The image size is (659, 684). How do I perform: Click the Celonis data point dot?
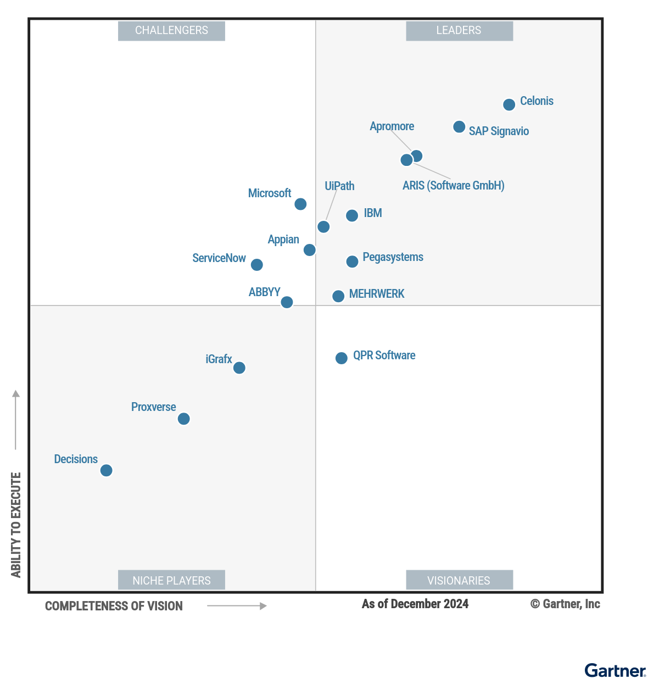click(509, 104)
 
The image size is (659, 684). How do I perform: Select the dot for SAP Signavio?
click(459, 127)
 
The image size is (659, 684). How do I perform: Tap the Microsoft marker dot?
click(300, 204)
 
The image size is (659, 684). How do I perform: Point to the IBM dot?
click(352, 215)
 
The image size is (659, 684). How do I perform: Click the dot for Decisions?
click(107, 470)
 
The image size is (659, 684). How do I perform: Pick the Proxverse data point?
click(184, 419)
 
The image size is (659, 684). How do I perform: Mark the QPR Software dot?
click(342, 358)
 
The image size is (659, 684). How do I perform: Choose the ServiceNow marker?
click(256, 265)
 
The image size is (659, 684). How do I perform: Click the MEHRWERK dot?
click(338, 296)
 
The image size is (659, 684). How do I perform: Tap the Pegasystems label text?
click(393, 257)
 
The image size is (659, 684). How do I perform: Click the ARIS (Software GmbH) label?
click(453, 186)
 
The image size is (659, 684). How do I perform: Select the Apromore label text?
click(392, 126)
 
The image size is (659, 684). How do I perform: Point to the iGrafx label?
click(219, 359)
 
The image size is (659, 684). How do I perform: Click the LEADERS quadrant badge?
click(459, 31)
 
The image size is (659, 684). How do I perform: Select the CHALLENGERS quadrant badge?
click(171, 31)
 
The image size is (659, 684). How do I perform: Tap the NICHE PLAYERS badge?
click(171, 580)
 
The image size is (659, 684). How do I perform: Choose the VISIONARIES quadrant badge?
click(459, 580)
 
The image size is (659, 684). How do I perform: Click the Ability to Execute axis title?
click(16, 525)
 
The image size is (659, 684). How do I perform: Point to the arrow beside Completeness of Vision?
click(237, 606)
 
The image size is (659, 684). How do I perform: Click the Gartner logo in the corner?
click(615, 670)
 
